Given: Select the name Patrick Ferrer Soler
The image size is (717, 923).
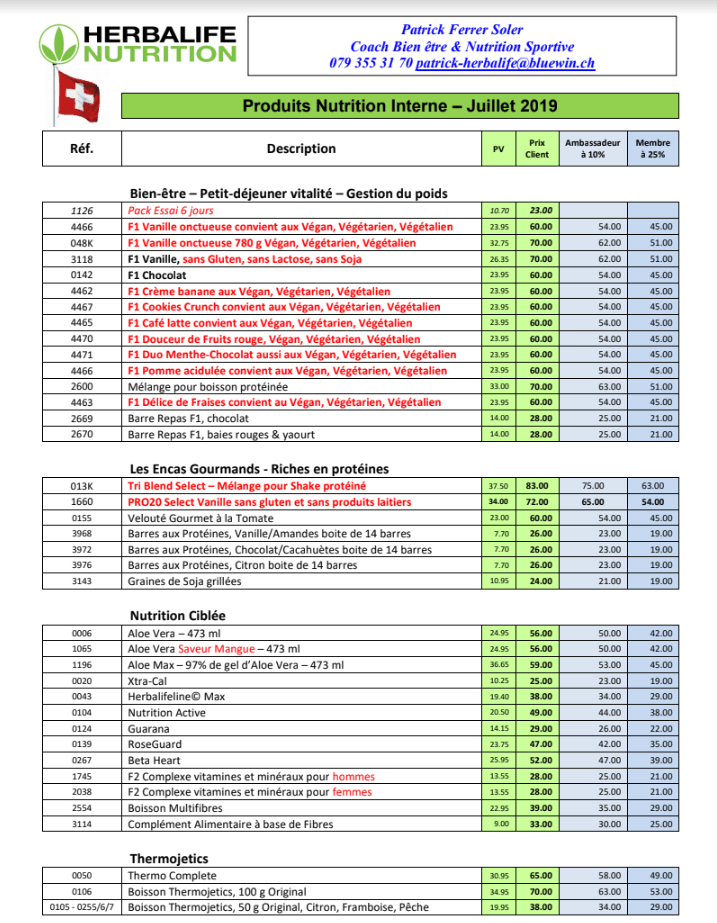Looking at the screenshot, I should click(x=463, y=30).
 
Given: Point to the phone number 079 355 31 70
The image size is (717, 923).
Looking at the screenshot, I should click(x=370, y=62).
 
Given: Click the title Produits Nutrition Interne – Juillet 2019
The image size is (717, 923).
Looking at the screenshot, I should click(x=400, y=105).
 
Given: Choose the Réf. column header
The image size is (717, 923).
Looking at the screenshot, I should click(x=81, y=148).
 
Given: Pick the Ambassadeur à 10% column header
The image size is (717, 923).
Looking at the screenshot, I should click(x=593, y=148).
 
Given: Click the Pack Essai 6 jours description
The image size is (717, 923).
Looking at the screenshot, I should click(x=170, y=211).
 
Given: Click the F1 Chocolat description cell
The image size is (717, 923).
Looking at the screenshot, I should click(x=160, y=275).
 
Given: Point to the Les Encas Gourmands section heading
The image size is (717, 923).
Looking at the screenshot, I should click(x=259, y=468).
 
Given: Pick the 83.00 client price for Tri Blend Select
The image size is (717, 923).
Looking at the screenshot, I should click(x=541, y=485).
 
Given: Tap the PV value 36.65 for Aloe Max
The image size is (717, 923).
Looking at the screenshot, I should click(x=499, y=665).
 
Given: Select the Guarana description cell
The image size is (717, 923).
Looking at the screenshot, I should click(x=151, y=729).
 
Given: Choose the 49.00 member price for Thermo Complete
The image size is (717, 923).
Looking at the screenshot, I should click(x=658, y=875).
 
